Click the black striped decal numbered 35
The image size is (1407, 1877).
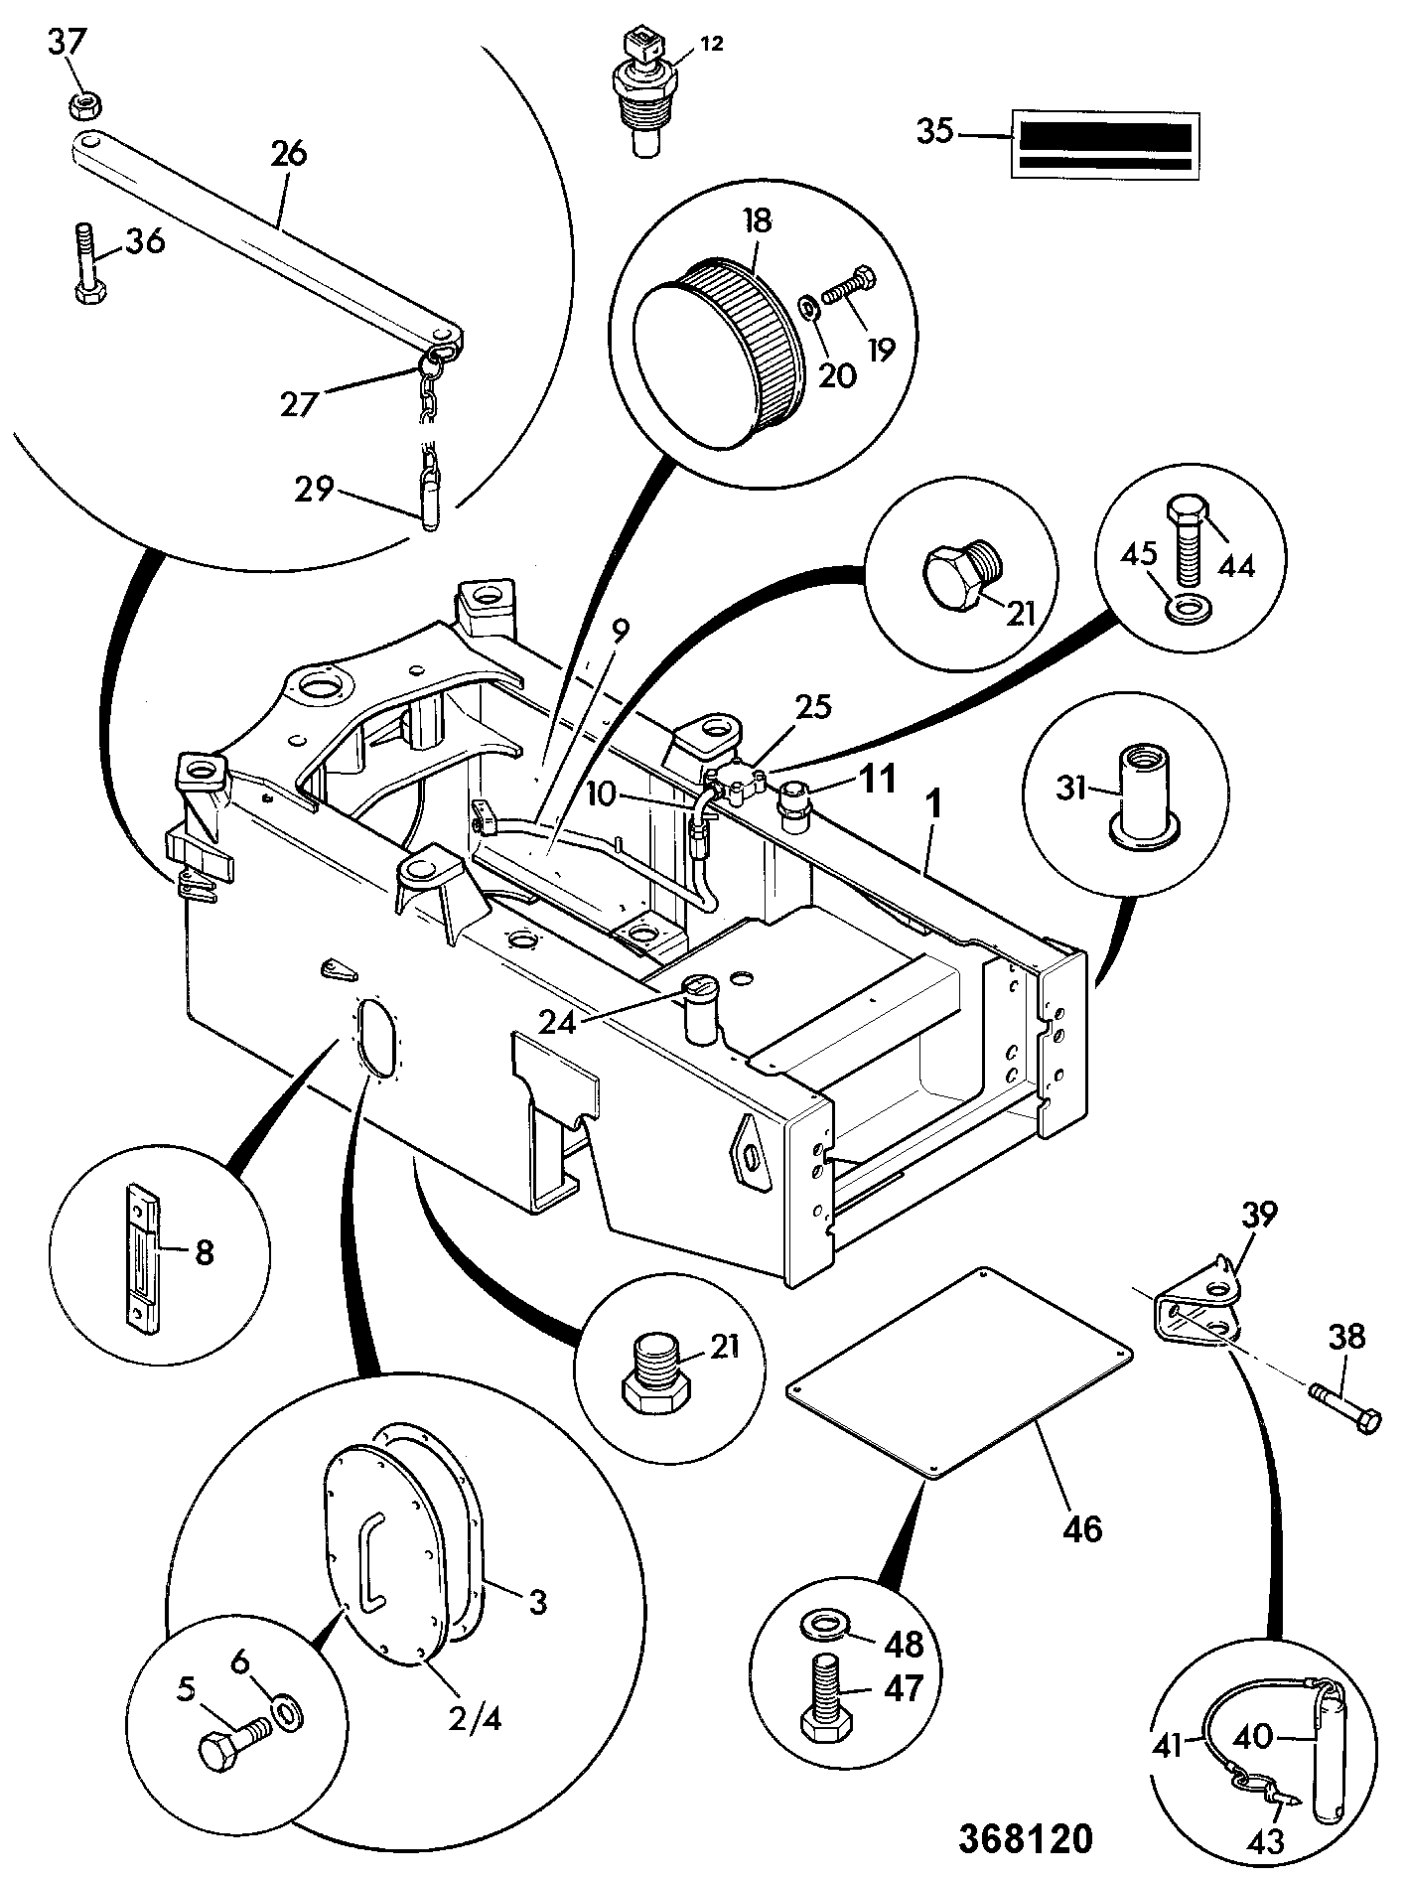(1103, 145)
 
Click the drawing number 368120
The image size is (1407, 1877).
(1025, 1838)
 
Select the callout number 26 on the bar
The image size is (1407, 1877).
(287, 155)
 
